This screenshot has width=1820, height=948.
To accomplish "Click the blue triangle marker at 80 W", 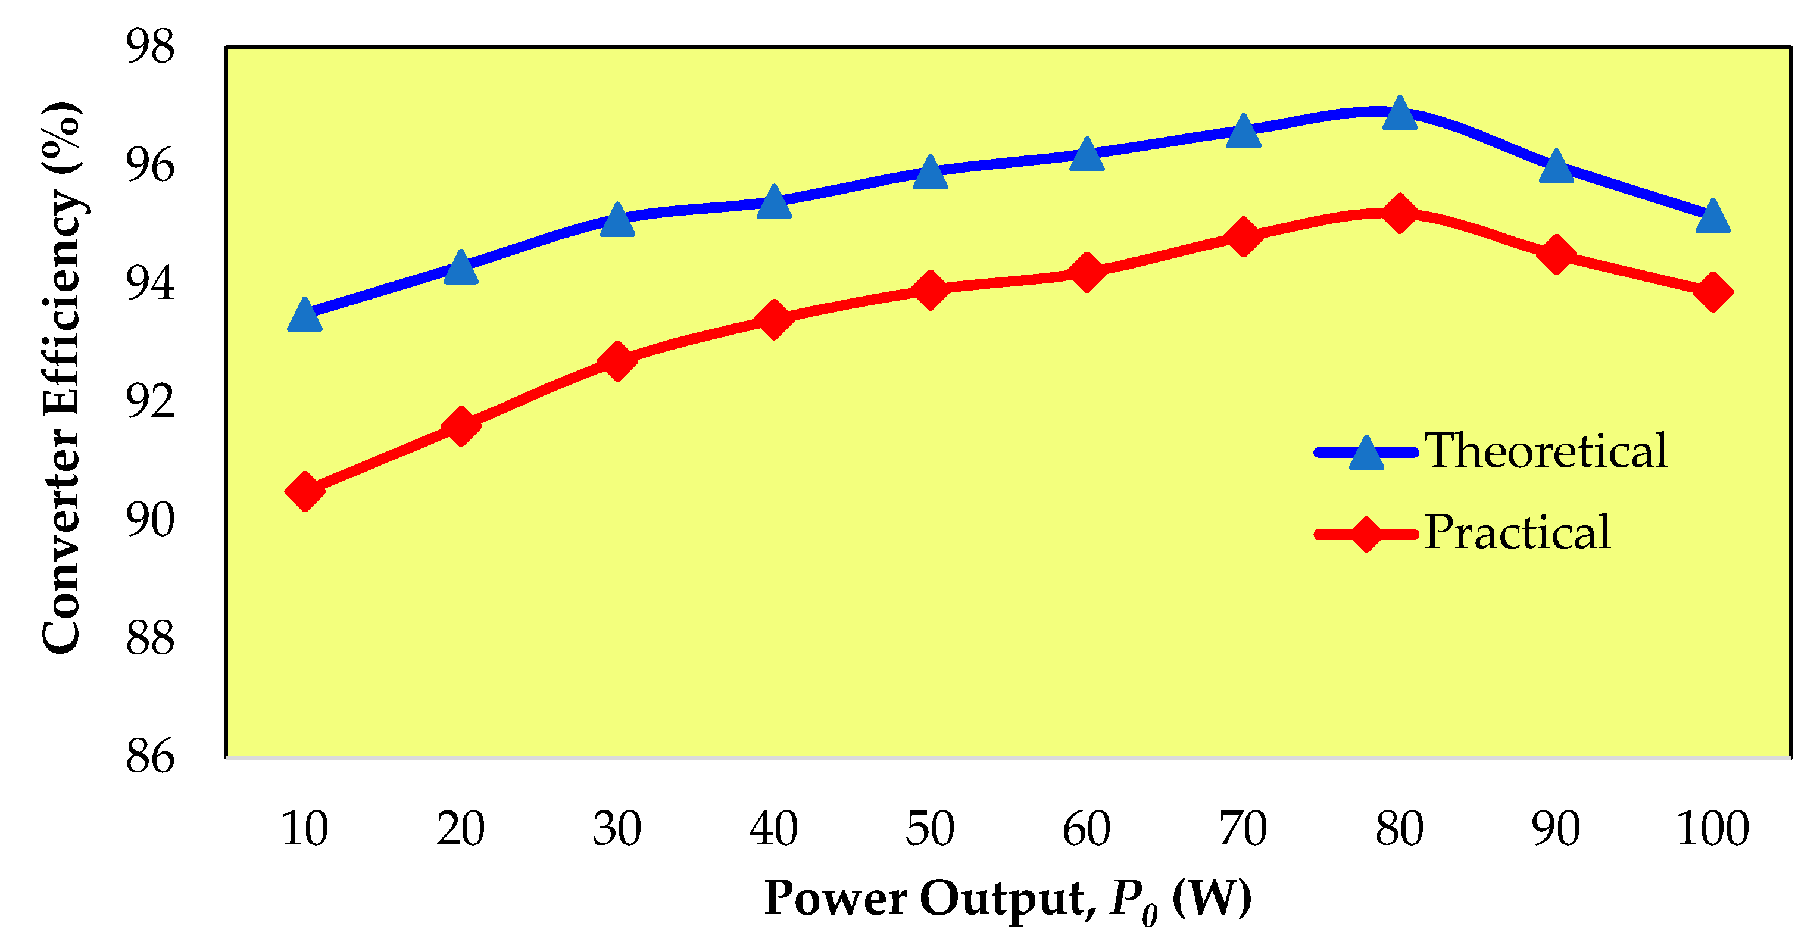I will [1400, 115].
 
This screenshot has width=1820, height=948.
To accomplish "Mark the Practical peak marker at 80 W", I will [1400, 214].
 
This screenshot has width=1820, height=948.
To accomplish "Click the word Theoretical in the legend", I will [1545, 451].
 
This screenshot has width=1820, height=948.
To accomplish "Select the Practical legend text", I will [1517, 532].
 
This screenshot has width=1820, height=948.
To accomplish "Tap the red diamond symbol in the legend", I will [1366, 534].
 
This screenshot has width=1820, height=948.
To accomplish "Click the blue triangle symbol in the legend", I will [1366, 454].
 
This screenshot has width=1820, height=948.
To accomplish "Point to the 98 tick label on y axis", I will [150, 46].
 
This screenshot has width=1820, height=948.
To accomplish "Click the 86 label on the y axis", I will [150, 757].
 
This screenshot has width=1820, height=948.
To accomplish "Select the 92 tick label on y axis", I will [150, 401].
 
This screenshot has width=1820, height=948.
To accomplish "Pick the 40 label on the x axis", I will [773, 829].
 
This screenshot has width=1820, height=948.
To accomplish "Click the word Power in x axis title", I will [836, 898].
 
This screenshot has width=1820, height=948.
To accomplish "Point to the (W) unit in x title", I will [1211, 898].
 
